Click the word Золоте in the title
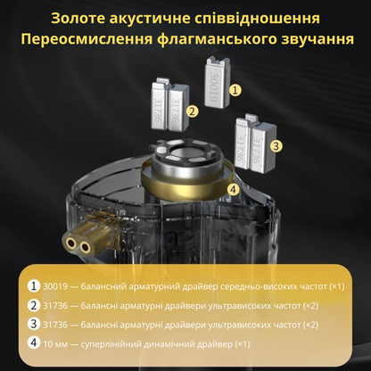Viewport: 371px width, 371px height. tap(83, 19)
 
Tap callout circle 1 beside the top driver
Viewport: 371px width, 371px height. tap(235, 89)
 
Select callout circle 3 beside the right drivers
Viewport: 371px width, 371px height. tap(276, 144)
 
